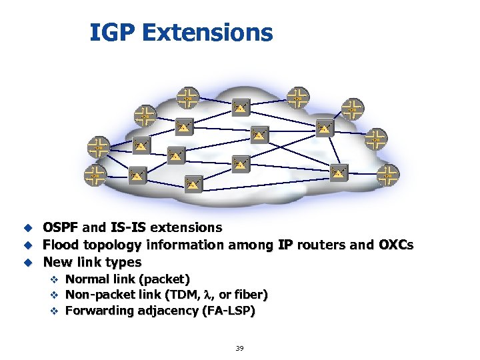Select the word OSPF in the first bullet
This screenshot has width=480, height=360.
click(61, 228)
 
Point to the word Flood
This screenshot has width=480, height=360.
click(61, 245)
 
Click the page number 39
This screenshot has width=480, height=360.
click(239, 348)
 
